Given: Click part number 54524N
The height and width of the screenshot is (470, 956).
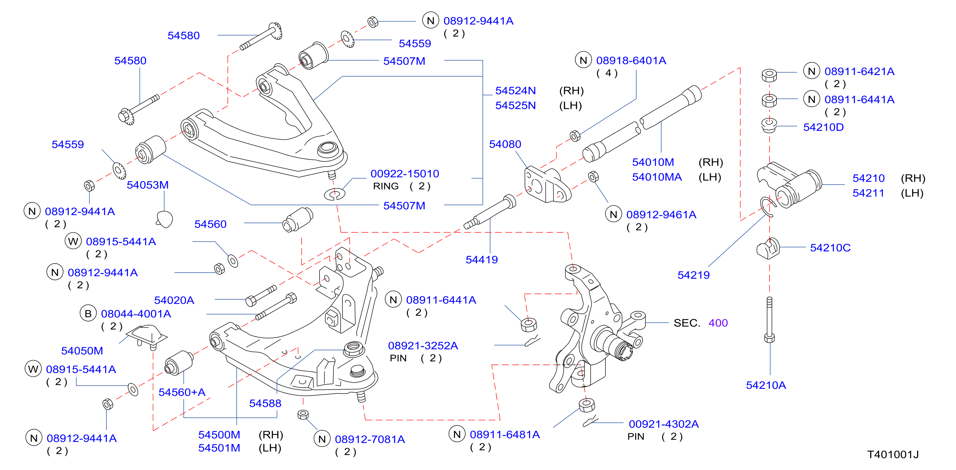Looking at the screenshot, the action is click(x=516, y=91).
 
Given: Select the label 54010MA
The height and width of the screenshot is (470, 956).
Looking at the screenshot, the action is click(x=657, y=177).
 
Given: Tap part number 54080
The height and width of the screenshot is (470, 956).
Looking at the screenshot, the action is click(x=505, y=144).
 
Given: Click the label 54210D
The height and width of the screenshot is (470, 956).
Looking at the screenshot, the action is click(x=824, y=127).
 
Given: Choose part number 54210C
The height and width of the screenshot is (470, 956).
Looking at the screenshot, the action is click(x=830, y=248).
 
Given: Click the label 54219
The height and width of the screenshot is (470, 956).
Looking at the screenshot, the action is click(x=693, y=275).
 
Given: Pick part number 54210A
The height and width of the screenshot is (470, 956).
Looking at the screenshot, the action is click(x=766, y=385).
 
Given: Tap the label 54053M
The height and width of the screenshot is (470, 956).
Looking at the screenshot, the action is click(x=148, y=185).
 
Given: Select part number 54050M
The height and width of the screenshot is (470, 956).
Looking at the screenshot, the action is click(x=82, y=351).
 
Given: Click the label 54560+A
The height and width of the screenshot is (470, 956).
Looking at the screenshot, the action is click(x=182, y=392).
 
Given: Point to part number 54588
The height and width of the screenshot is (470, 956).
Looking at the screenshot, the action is click(x=265, y=403).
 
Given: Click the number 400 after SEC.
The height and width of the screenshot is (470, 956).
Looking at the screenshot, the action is click(x=718, y=323).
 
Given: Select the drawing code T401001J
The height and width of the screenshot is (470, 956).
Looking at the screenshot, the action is click(x=893, y=454).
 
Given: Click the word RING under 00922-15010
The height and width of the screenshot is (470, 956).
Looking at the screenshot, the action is click(x=386, y=186).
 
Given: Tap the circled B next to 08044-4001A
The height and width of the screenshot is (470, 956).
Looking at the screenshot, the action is click(x=88, y=314).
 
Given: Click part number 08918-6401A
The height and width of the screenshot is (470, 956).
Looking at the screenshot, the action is click(x=631, y=60).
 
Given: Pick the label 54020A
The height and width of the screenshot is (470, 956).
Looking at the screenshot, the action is click(x=174, y=300).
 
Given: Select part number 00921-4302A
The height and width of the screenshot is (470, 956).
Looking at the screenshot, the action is click(x=664, y=424).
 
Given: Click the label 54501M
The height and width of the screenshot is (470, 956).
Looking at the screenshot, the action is click(x=219, y=448).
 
